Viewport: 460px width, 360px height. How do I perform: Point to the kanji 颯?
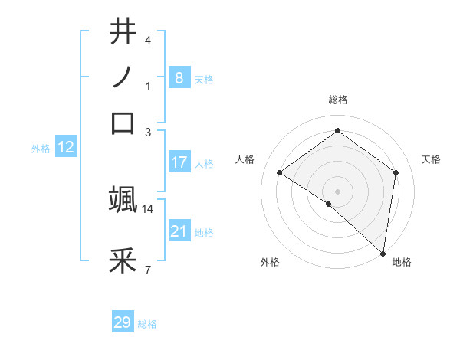pyautogui.click(x=123, y=199)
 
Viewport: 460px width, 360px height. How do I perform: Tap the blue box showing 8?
pyautogui.click(x=179, y=77)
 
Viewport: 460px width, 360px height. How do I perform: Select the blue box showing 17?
pyautogui.click(x=179, y=162)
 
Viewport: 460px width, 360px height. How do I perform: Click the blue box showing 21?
pyautogui.click(x=179, y=231)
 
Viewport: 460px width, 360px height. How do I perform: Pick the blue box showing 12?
pyautogui.click(x=66, y=148)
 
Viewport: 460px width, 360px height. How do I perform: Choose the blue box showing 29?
pyautogui.click(x=123, y=322)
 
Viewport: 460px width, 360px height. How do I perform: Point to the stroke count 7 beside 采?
pyautogui.click(x=147, y=270)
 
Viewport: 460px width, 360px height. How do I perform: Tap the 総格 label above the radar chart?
pyautogui.click(x=337, y=100)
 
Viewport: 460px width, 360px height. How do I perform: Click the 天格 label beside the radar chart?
pyautogui.click(x=431, y=159)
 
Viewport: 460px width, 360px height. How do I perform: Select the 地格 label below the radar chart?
pyautogui.click(x=402, y=263)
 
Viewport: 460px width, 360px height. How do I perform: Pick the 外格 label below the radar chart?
pyautogui.click(x=270, y=263)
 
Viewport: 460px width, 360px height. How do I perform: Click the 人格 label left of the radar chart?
pyautogui.click(x=245, y=159)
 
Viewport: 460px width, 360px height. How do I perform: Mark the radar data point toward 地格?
pyautogui.click(x=383, y=253)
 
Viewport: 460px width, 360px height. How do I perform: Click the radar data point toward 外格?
pyautogui.click(x=329, y=204)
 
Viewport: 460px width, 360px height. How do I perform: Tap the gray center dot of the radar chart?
pyautogui.click(x=337, y=191)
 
